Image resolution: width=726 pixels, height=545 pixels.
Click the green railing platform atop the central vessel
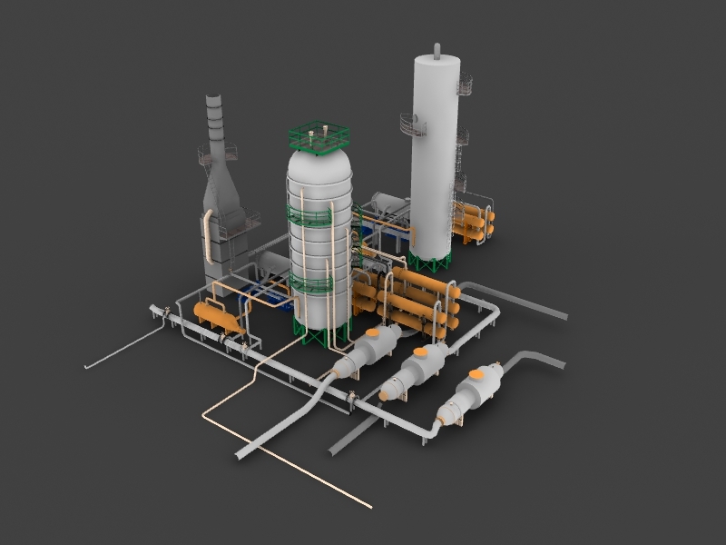point(319,137)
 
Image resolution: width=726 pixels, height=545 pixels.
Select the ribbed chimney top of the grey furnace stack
point(215,118)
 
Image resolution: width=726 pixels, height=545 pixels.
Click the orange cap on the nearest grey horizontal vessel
point(477,372)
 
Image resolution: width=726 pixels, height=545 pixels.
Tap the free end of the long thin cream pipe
point(369,505)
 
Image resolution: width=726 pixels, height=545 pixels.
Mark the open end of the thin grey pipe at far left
point(87,367)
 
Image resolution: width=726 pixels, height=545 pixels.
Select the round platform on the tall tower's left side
point(410,124)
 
